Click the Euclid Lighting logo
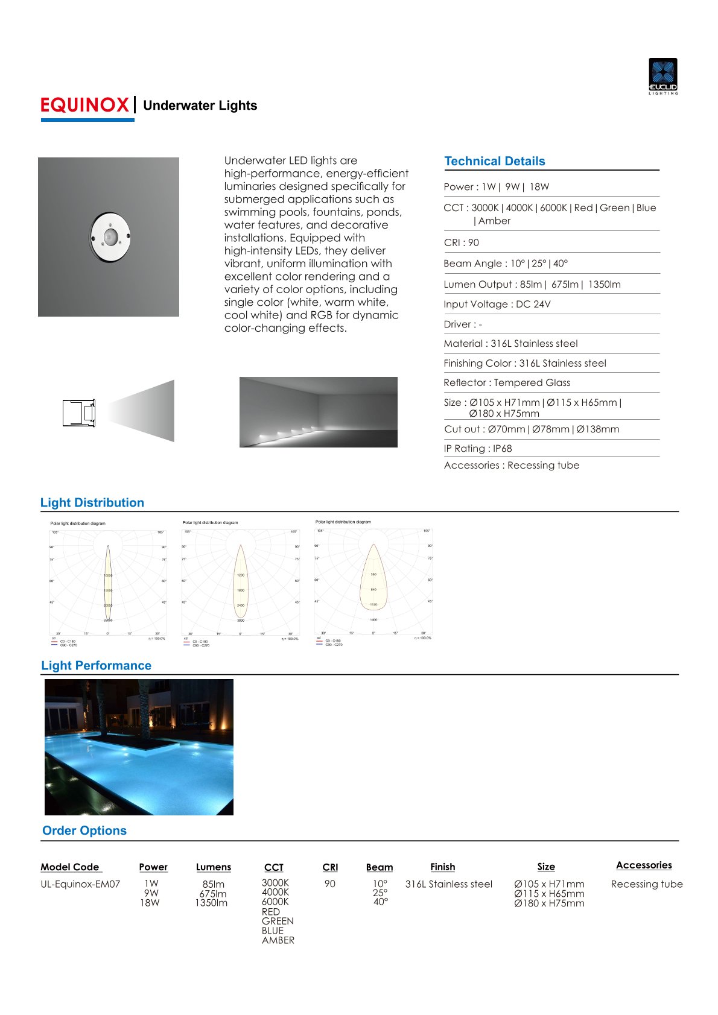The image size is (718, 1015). coord(663,76)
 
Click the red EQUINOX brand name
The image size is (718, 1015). coord(85,106)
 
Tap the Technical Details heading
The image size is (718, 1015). coord(494,161)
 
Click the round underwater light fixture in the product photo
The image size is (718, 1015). coord(110,236)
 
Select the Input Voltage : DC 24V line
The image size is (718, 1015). coord(497,304)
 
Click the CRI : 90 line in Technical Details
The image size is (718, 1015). coord(461,242)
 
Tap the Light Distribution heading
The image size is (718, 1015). coord(92,502)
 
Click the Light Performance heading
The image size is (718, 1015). coord(96,665)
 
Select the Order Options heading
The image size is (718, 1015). coord(84,830)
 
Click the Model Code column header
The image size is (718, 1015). coord(70,867)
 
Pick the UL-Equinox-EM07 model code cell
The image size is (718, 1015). coord(80,884)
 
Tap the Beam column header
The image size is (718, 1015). coord(379,867)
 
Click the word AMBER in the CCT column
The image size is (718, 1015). coord(278,940)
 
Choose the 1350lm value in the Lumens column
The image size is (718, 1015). coord(211,903)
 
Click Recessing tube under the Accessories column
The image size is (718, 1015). coord(647,884)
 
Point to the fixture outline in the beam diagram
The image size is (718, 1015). coord(79,413)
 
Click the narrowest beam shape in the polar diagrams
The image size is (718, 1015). coord(108,582)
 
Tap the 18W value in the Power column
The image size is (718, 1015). coord(150,903)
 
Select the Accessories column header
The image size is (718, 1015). coord(644,865)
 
